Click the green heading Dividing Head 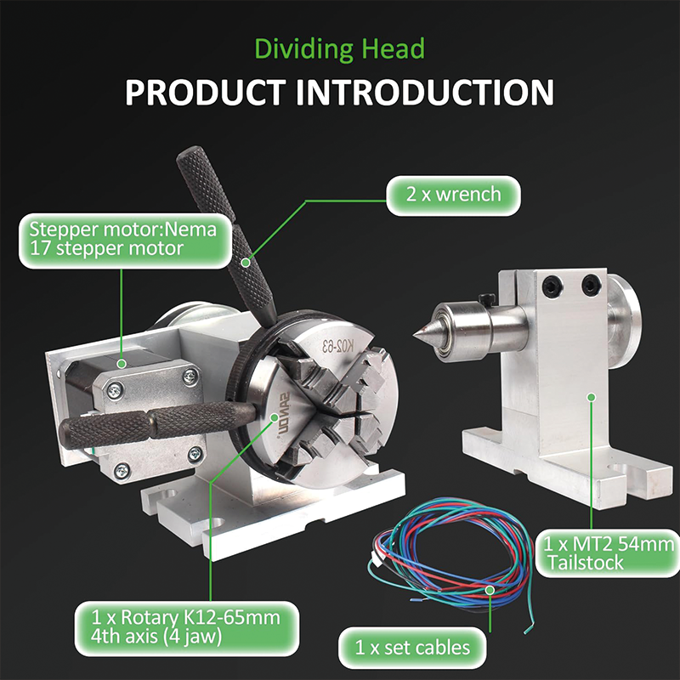coord(339,48)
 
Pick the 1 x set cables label coord(416,648)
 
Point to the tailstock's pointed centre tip coord(417,334)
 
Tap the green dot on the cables coord(489,589)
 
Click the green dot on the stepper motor coord(121,364)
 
